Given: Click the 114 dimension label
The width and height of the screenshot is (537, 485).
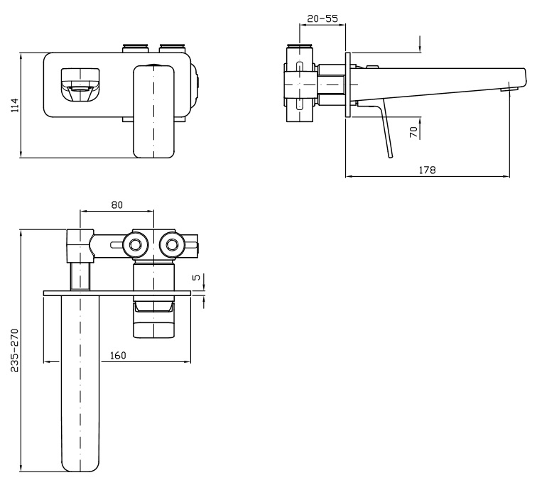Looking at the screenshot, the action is point(15,105).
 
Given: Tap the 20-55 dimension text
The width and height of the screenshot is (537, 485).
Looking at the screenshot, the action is point(322,18).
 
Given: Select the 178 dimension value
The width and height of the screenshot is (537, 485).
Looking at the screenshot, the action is point(428,170).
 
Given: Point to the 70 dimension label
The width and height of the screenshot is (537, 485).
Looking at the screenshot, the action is point(414,132).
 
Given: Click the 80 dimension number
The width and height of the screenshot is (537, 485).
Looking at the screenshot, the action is point(116,205).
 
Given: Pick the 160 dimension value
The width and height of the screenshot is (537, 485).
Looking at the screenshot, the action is point(118,356).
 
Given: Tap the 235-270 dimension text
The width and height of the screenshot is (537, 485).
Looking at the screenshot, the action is point(14,351).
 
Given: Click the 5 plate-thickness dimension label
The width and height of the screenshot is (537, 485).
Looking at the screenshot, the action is point(197,277).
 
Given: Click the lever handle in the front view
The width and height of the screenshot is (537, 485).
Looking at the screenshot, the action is point(153,111).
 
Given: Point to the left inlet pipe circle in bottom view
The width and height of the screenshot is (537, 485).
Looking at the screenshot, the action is point(136,245).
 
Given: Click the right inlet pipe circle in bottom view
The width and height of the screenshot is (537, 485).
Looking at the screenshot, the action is point(172,245).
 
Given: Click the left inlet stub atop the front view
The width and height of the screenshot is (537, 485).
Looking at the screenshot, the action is point(135,48).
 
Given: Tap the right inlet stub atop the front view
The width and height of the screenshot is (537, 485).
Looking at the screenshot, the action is point(173,48).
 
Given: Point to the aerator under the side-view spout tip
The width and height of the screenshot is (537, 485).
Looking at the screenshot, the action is point(509,89).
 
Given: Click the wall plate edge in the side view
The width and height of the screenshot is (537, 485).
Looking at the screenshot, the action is point(348,85).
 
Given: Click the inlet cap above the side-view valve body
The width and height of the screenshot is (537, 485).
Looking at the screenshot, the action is point(300,46).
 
